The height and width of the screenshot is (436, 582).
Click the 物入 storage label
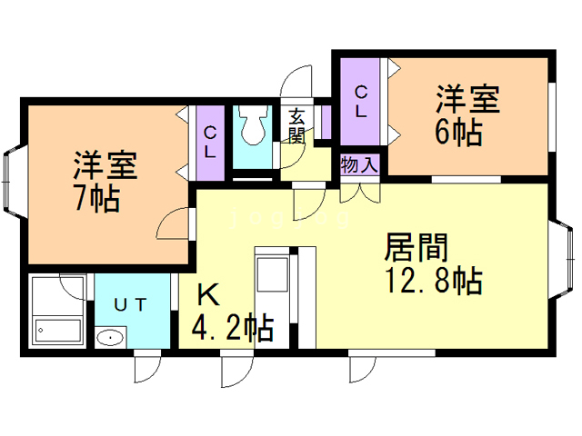coord(359,165)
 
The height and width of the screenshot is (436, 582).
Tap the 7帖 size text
coord(98,199)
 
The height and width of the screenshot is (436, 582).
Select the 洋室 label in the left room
coord(105,166)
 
